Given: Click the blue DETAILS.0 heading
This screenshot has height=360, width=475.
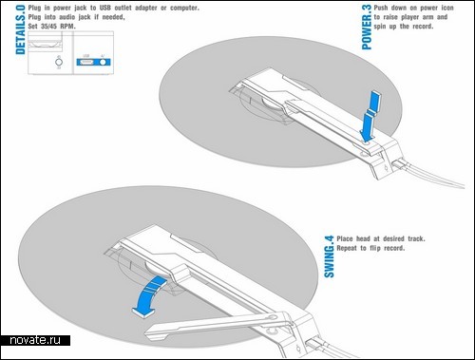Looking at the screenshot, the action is [20, 30].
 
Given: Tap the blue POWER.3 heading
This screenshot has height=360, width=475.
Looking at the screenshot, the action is [367, 28].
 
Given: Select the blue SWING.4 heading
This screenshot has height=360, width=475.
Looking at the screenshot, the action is [329, 256].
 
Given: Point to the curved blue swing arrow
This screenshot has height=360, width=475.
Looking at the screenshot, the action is [149, 294].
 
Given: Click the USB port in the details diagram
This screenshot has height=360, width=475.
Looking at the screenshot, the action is [86, 62].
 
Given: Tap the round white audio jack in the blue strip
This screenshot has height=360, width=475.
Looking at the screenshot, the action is [103, 62].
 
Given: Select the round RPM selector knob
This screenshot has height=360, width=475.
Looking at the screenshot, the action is [59, 62].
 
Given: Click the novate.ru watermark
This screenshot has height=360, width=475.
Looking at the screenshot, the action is [35, 340].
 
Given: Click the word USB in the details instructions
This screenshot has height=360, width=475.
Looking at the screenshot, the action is [104, 8].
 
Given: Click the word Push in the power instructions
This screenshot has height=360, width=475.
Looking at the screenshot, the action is [381, 8].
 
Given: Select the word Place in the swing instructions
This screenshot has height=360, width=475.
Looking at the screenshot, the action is [345, 238].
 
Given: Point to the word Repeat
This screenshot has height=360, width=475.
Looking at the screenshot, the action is [347, 248].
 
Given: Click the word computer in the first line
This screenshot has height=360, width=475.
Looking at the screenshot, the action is [184, 8].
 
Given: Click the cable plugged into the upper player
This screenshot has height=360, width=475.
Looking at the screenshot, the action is [430, 175].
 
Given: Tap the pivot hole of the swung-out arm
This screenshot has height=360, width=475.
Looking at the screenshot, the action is [272, 317].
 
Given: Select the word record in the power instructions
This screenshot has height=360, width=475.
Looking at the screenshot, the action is [423, 27].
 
